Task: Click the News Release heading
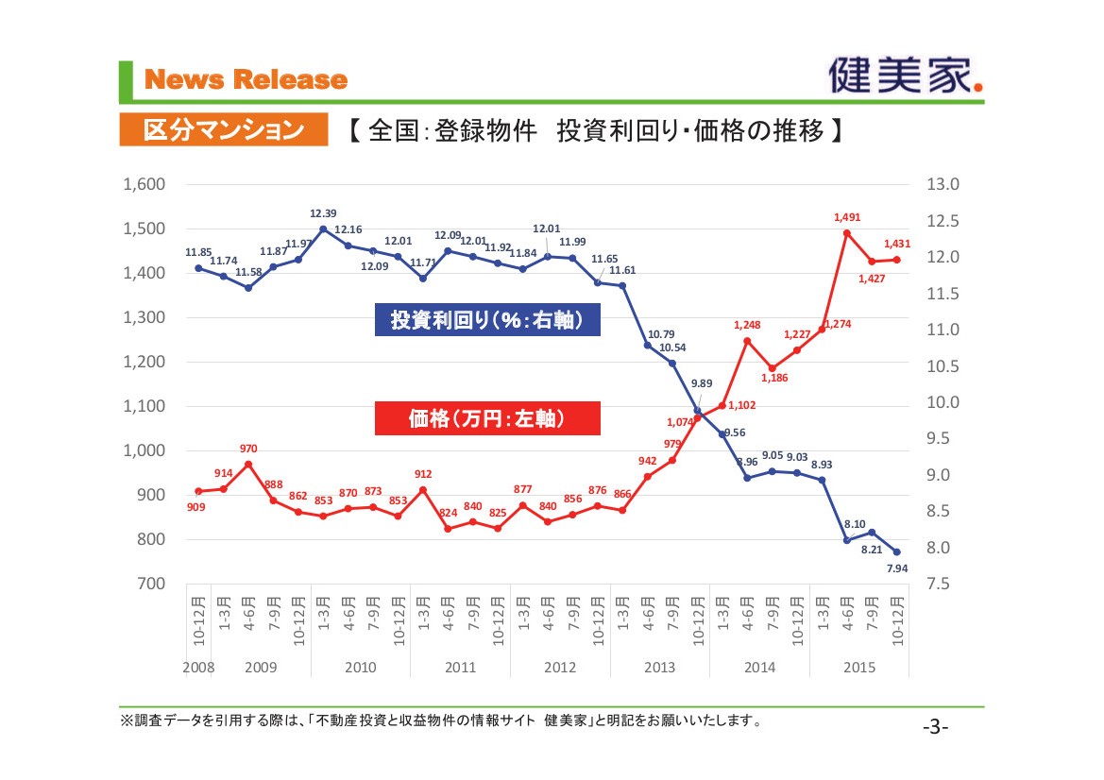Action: click(246, 80)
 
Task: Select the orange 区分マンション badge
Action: click(222, 130)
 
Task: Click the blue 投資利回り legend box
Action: click(487, 320)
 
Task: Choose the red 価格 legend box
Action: click(487, 419)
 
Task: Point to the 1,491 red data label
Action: click(847, 217)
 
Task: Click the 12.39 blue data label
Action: click(323, 213)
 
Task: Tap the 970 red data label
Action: click(248, 449)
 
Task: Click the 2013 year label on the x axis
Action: click(659, 668)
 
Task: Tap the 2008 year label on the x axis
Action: click(198, 668)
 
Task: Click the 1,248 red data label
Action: click(747, 325)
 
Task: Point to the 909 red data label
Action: click(196, 507)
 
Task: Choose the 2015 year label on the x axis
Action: click(859, 668)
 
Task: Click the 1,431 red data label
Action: click(896, 244)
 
